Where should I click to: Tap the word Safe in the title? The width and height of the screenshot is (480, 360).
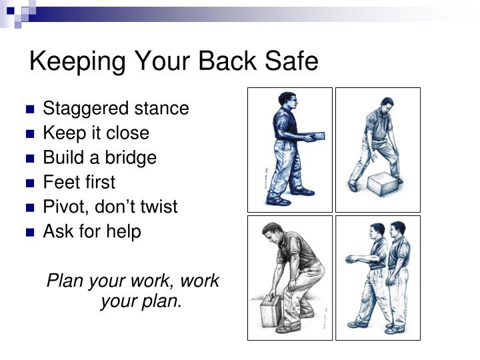click(288, 62)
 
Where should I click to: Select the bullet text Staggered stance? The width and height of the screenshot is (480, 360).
click(116, 109)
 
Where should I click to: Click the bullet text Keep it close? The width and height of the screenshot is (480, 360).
click(96, 133)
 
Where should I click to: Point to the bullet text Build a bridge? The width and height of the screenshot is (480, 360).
click(99, 158)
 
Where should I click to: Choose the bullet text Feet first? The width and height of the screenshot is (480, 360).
click(79, 182)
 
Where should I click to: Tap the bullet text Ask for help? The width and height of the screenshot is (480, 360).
click(92, 232)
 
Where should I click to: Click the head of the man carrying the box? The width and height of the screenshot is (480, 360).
click(285, 101)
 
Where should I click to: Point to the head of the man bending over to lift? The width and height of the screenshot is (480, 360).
click(271, 234)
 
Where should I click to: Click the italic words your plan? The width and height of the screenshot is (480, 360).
click(141, 301)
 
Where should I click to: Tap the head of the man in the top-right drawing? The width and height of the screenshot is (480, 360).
click(387, 105)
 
